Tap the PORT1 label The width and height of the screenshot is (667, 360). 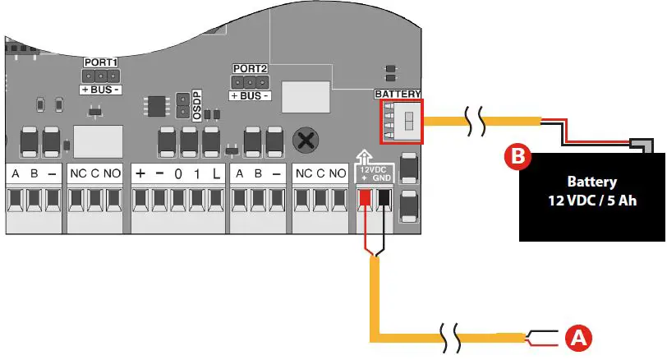[99, 62]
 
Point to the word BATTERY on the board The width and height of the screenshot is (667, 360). [398, 95]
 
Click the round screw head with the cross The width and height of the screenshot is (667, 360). [306, 139]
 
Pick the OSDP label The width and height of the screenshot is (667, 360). [197, 105]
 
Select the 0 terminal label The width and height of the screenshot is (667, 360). [177, 173]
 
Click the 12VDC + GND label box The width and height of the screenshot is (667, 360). [374, 173]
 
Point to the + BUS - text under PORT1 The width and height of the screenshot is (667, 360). [99, 88]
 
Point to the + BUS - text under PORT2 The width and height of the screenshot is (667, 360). [249, 95]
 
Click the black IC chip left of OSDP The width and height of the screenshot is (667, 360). [154, 105]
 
